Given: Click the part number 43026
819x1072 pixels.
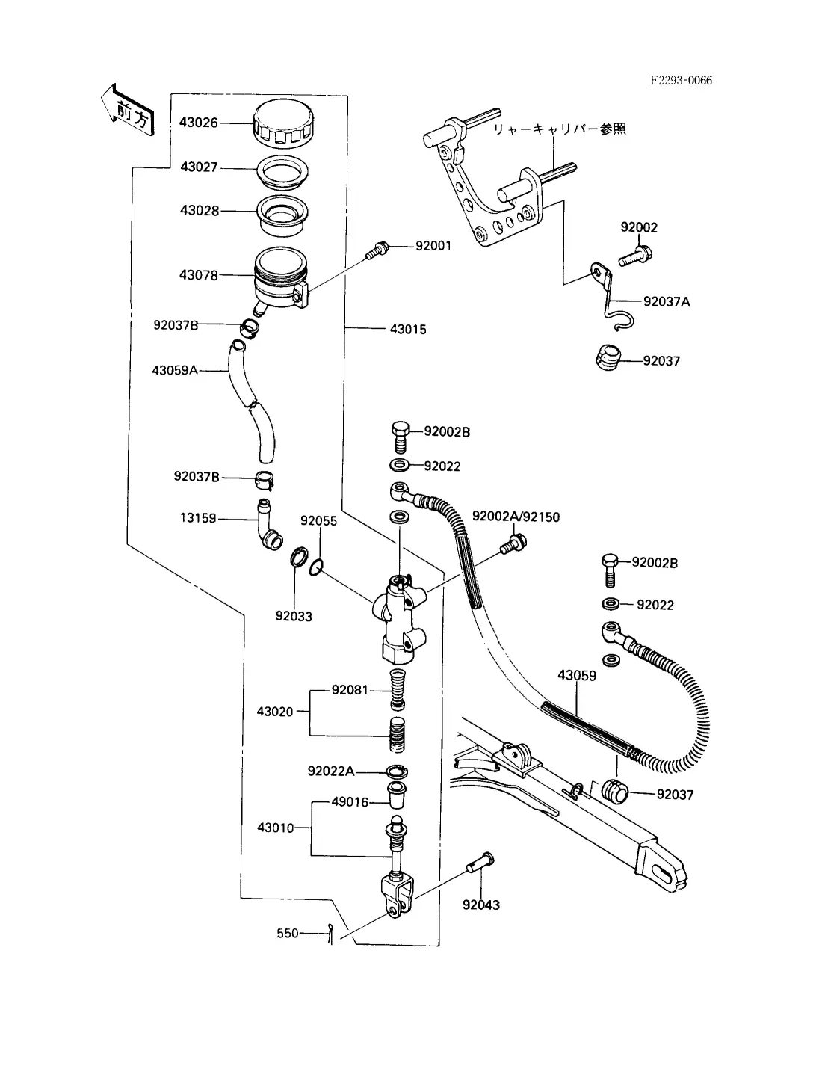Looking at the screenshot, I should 199,123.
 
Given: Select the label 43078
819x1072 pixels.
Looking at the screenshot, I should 199,275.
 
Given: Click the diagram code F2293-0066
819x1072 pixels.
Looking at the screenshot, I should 681,81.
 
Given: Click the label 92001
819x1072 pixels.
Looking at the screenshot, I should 433,245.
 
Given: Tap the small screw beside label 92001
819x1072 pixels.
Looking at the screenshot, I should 378,250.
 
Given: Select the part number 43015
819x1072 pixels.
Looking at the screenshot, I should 408,329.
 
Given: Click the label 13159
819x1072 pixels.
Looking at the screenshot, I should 198,517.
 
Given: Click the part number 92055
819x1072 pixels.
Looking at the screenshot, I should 318,520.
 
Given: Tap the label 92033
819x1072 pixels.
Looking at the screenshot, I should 294,616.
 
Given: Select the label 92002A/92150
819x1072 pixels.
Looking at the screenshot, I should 516,517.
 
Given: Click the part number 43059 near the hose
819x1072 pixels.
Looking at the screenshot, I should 577,675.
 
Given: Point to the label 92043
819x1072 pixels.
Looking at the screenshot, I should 481,905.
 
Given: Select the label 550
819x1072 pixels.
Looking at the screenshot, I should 288,933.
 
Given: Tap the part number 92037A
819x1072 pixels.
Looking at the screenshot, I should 667,301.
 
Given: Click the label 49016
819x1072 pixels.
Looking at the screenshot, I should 350,802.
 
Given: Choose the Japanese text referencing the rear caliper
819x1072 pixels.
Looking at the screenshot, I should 559,129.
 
